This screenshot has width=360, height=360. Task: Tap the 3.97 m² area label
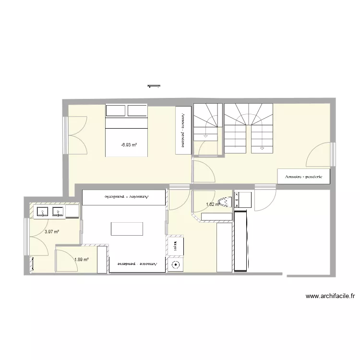52,231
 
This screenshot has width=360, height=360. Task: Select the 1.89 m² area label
81,260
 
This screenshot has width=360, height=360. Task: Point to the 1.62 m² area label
212,204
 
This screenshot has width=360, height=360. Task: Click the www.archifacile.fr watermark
333,297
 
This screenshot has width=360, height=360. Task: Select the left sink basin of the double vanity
42,211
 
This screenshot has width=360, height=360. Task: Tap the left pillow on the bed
116,111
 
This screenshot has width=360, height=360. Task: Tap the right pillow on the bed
137,111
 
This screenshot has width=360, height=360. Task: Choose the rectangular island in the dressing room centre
127,228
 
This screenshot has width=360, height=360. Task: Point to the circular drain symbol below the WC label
176,264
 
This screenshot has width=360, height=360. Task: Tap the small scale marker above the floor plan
154,86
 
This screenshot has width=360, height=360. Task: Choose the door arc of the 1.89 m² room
66,259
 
